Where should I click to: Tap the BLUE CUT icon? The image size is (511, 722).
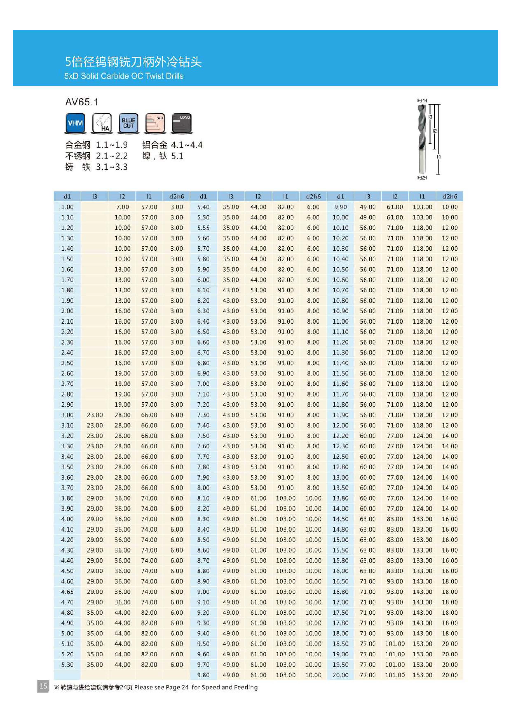[128, 123]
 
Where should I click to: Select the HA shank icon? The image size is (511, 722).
[102, 123]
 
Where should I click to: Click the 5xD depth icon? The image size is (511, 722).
[155, 123]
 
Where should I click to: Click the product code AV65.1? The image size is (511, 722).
[82, 102]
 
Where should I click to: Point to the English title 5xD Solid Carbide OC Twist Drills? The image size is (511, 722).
[124, 76]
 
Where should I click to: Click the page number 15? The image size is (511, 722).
[43, 686]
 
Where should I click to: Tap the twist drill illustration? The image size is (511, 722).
[422, 138]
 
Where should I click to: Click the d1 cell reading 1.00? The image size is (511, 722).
[67, 207]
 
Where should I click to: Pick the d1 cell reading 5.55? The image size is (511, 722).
[203, 228]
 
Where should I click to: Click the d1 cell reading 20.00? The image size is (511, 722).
[340, 675]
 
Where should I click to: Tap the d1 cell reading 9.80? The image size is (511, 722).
[203, 675]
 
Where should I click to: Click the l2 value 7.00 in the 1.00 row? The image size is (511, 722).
[122, 207]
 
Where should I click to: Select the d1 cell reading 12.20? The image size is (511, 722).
[340, 436]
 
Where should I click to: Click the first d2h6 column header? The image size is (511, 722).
[177, 197]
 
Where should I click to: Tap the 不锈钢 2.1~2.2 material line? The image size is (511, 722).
[96, 156]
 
